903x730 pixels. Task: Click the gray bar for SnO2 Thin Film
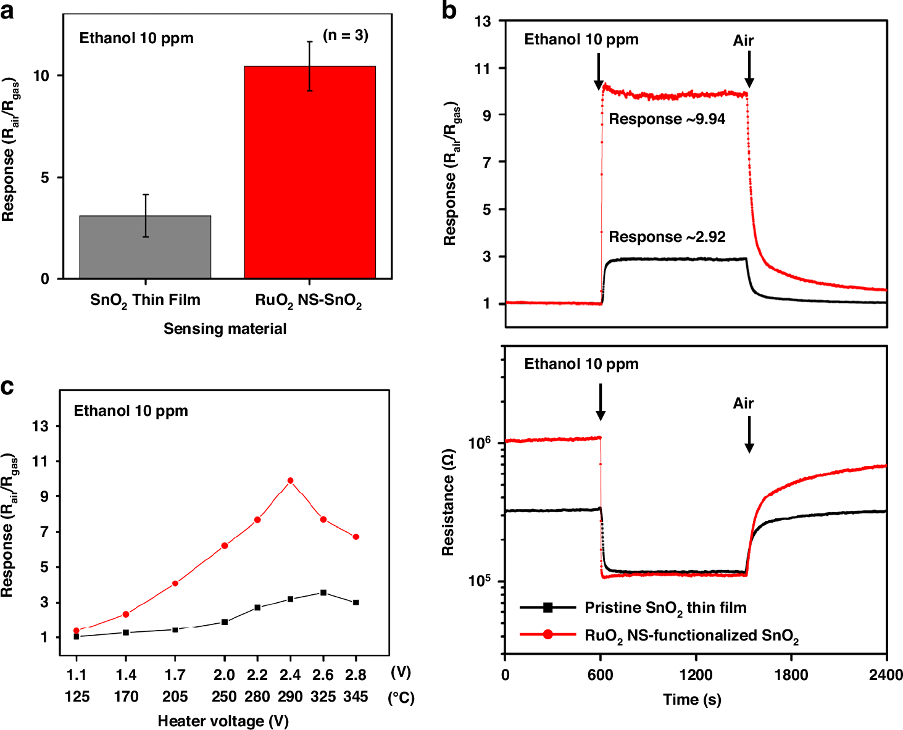pos(145,247)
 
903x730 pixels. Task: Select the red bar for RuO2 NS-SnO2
pos(309,172)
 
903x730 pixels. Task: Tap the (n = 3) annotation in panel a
pos(346,35)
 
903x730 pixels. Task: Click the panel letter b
pos(449,10)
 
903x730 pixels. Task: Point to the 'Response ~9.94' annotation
pos(667,119)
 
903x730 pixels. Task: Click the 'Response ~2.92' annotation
pos(667,237)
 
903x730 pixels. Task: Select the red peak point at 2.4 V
pos(290,481)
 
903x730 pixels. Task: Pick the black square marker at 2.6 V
pos(323,592)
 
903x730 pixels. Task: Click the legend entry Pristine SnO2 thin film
pos(665,608)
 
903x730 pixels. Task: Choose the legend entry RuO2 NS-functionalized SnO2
pos(691,636)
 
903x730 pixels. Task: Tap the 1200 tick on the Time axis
pos(696,675)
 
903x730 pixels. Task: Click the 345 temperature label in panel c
pos(356,697)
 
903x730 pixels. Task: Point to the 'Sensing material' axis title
pos(225,329)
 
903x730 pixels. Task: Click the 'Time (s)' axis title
pos(692,700)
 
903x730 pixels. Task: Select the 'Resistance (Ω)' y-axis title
pos(448,503)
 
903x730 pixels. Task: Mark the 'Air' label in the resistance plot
pos(743,404)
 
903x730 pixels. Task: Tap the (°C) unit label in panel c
pos(401,698)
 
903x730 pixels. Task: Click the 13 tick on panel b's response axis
pos(483,21)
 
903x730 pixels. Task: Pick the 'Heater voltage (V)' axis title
pos(223,721)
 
